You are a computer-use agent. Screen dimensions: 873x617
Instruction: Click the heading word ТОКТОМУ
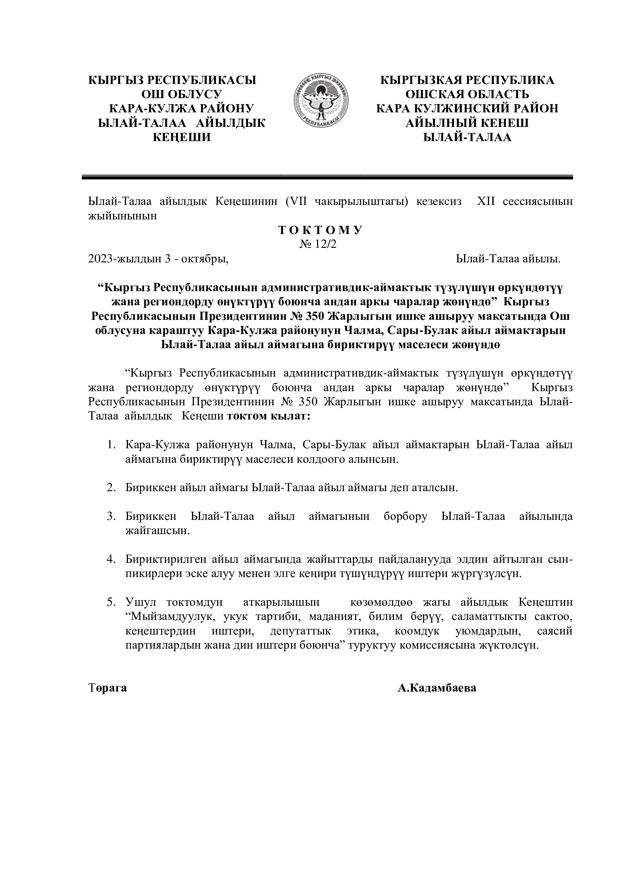321,230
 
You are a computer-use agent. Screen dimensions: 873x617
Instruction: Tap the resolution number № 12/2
318,244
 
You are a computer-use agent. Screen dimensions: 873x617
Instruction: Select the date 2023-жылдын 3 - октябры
158,259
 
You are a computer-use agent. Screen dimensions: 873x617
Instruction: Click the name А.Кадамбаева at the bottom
437,688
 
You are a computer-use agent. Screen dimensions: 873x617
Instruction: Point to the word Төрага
107,688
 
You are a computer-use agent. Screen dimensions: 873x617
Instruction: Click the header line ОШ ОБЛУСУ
182,94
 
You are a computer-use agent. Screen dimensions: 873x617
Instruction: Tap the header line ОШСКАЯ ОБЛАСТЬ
467,94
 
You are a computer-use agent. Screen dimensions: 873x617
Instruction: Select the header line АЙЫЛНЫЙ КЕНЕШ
467,123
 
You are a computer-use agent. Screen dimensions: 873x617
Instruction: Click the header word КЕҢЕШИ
182,137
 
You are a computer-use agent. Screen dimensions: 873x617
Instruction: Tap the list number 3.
111,516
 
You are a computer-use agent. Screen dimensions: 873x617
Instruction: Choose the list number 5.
111,602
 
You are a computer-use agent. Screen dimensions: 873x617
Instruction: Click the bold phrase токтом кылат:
268,417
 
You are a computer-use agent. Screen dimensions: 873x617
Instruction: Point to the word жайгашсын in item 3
157,531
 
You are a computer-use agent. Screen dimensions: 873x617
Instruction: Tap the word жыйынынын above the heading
122,216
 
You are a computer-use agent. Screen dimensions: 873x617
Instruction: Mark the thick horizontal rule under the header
327,177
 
